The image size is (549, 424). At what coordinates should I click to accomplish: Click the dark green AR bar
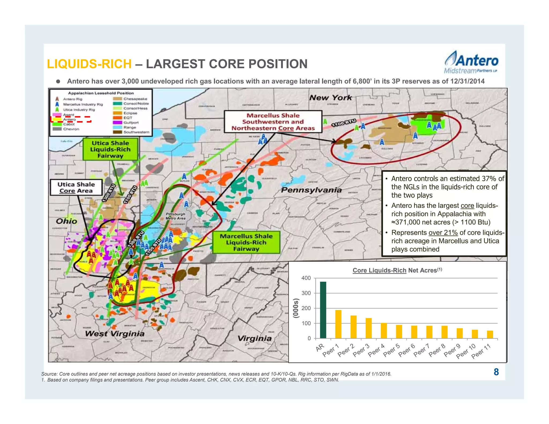click(x=323, y=310)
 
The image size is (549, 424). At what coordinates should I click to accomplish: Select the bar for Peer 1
click(x=338, y=324)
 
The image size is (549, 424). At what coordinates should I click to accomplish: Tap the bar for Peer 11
click(x=490, y=334)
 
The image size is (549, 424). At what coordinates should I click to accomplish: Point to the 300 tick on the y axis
click(x=306, y=293)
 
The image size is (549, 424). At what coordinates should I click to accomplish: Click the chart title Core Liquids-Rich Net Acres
click(x=397, y=270)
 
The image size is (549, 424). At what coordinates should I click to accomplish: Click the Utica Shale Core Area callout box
click(x=76, y=187)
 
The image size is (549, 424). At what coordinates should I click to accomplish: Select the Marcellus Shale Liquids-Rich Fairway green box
click(x=246, y=243)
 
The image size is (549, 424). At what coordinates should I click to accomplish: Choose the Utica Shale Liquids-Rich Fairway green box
click(x=110, y=149)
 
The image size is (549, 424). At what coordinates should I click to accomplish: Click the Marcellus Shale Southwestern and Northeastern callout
click(x=273, y=122)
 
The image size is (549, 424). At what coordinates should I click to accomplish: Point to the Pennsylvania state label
click(x=311, y=190)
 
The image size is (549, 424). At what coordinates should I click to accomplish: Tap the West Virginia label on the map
click(x=115, y=334)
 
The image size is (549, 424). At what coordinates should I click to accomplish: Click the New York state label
click(x=330, y=98)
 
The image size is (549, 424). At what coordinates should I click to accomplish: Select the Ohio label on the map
click(x=66, y=221)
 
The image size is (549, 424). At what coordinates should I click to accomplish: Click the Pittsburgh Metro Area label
click(x=175, y=216)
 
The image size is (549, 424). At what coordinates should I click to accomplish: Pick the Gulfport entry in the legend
click(x=131, y=122)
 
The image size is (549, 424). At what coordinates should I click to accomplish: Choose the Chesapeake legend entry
click(x=135, y=99)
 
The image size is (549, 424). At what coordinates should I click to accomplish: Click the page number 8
click(x=496, y=372)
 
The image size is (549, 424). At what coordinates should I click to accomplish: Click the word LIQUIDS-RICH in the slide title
click(x=89, y=64)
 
